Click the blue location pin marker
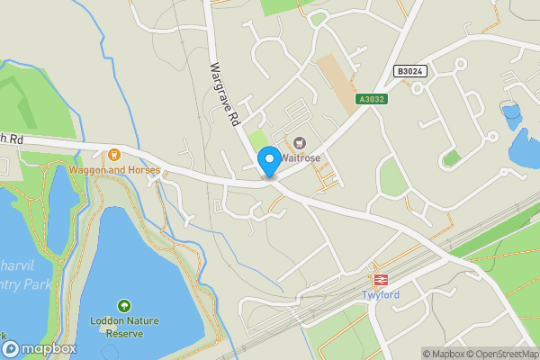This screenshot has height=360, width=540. pos(268,161)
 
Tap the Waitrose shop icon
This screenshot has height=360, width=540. pos(299,142)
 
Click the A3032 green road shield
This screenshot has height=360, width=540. pos(371,99)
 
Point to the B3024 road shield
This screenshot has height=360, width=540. pos(409,71)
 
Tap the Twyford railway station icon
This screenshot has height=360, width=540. pos(381,279)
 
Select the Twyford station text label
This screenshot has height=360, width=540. pos(381,295)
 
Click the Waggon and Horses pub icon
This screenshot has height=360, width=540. pos(114,156)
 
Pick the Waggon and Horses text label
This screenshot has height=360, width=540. pos(114,169)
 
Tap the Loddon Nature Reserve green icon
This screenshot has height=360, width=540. pos(123,306)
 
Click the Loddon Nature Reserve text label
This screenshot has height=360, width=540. pos(123,326)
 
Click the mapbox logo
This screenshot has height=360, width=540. pos(43,348)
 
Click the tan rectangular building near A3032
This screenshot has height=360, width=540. pos(337,84)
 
